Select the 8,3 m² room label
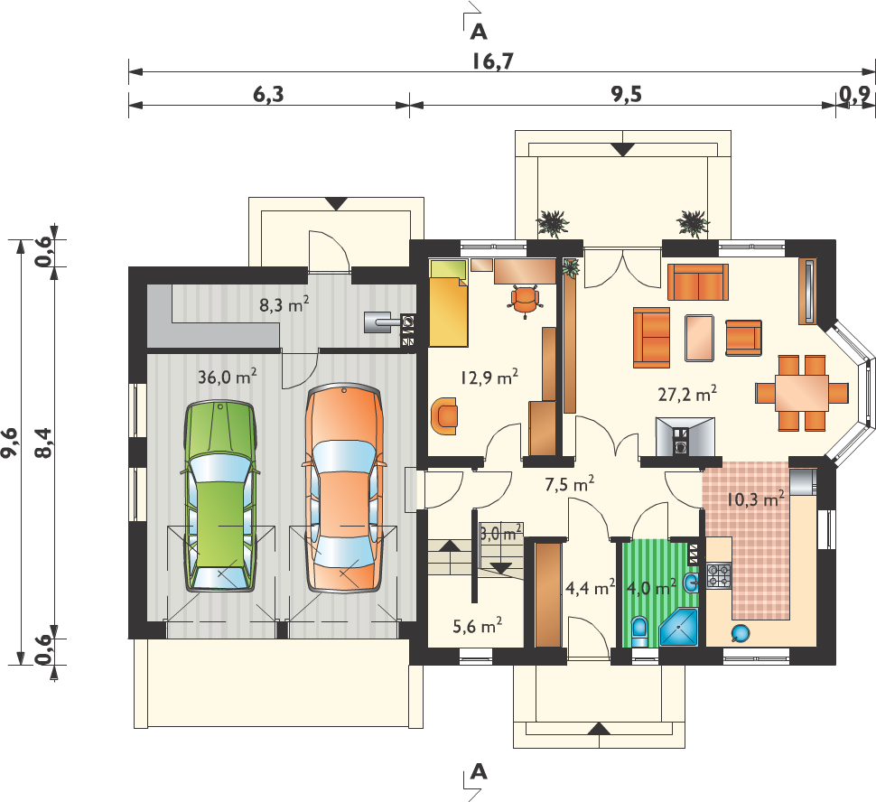coord(284,304)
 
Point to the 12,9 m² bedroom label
coord(489,378)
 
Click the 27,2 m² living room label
coord(687,394)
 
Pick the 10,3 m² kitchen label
coord(755,499)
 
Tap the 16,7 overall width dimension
coord(492,61)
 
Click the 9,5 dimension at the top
coord(626,95)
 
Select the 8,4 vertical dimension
coord(43,443)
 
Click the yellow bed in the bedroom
coord(448,303)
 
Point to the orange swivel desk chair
coord(526,300)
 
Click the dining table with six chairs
coord(802,393)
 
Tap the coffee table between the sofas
coord(700,338)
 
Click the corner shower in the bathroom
coord(679,629)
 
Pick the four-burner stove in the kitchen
coord(719,576)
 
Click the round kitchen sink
coord(741,633)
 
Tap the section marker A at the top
coord(479,33)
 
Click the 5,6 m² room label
coord(477,626)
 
